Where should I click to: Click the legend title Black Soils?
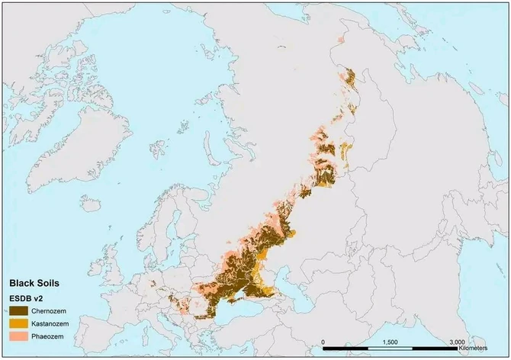pos(34,282)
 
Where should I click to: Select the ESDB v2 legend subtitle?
pos(27,297)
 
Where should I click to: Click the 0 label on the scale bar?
pos(323,342)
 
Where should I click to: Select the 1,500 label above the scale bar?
pos(390,342)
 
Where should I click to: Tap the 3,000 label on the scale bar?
pos(457,342)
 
